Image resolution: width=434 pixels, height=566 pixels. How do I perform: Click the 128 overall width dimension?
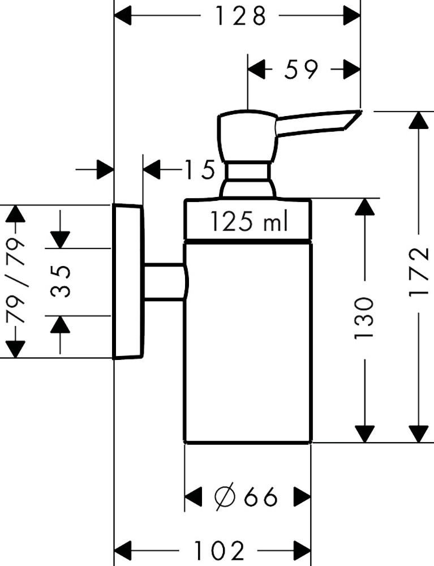click(x=240, y=16)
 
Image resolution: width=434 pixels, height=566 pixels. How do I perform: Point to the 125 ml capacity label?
click(x=249, y=221)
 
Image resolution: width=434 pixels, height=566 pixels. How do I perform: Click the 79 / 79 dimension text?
click(x=16, y=281)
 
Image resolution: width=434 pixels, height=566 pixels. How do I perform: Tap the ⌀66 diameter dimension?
click(x=247, y=498)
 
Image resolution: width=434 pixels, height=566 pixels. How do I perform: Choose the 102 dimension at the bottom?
click(x=220, y=550)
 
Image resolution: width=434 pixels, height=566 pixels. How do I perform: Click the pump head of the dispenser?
click(x=247, y=136)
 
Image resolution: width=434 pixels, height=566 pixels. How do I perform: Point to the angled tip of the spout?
click(x=354, y=119)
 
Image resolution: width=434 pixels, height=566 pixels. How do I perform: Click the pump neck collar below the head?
click(x=247, y=173)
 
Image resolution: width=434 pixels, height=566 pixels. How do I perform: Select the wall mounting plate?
click(x=128, y=281)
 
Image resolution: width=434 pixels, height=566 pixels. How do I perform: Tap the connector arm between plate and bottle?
click(x=164, y=281)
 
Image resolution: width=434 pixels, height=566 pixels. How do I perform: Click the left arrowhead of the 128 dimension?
click(x=124, y=16)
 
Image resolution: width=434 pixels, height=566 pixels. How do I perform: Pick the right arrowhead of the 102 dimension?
click(x=301, y=550)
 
